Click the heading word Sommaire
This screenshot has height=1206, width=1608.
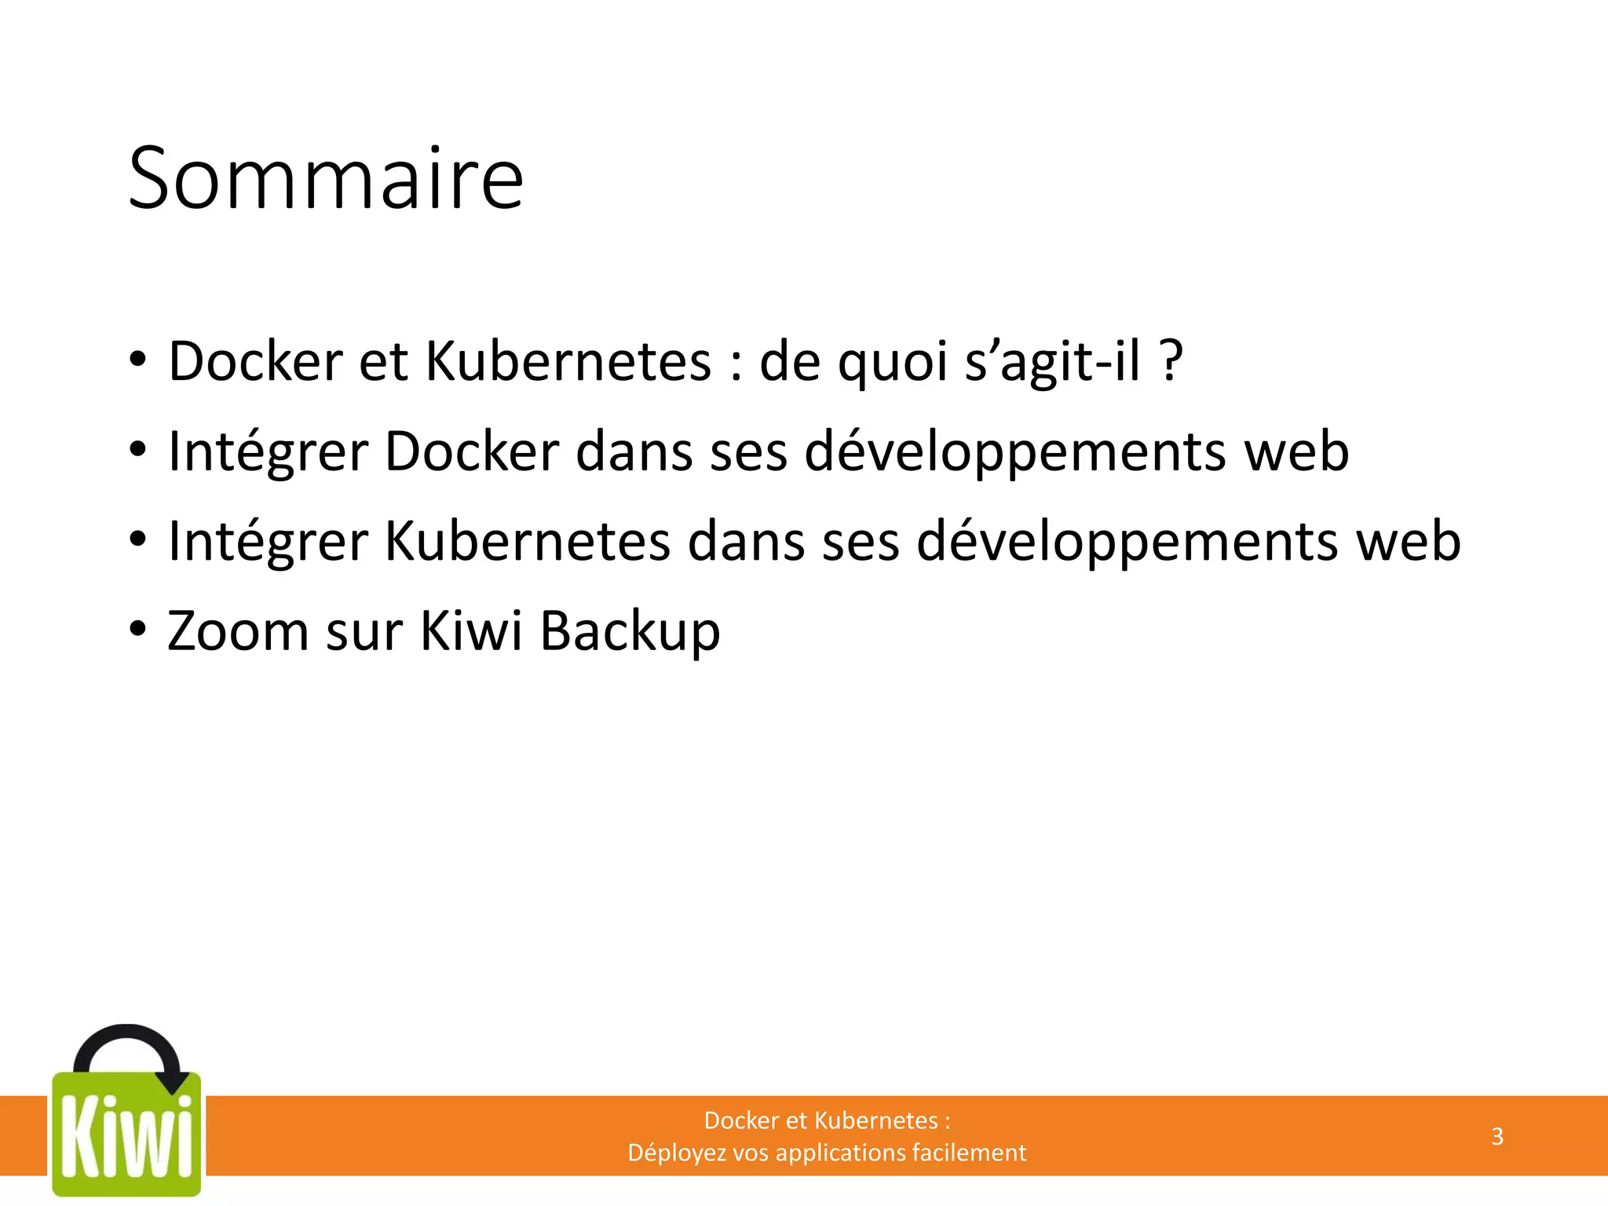pos(325,179)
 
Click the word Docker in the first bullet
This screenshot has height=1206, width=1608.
pos(255,361)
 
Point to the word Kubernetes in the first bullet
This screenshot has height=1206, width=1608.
pos(568,361)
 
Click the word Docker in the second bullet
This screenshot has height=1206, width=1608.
pos(471,451)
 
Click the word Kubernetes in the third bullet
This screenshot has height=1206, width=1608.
pos(528,541)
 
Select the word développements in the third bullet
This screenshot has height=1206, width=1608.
pos(1127,543)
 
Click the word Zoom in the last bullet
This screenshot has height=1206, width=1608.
pos(238,630)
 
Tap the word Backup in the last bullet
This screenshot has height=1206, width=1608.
pos(630,632)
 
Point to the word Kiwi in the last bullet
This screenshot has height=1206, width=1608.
pos(470,630)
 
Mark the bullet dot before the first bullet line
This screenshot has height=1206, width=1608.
pos(138,360)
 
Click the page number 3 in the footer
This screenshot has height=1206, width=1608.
pos(1497,1136)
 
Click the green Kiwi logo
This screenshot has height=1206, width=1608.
pos(126,1135)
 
